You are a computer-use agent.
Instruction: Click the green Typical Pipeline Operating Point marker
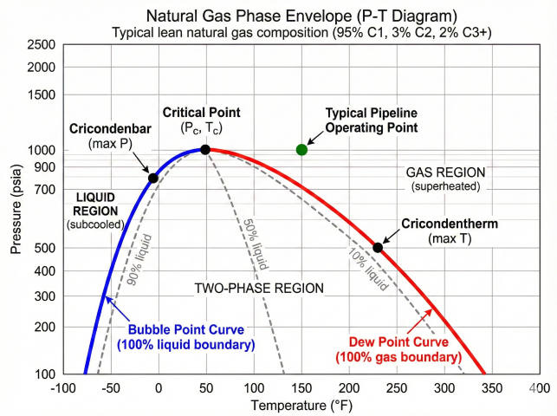pyautogui.click(x=301, y=150)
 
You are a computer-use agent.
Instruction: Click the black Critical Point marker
pyautogui.click(x=205, y=150)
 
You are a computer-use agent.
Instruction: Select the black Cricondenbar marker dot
pyautogui.click(x=152, y=179)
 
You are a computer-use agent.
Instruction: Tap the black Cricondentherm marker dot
pyautogui.click(x=378, y=248)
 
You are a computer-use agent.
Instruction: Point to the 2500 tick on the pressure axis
pyautogui.click(x=42, y=45)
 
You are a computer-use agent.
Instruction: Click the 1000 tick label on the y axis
pyautogui.click(x=42, y=150)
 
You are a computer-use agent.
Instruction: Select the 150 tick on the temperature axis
pyautogui.click(x=301, y=387)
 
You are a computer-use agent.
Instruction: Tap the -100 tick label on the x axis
pyautogui.click(x=63, y=387)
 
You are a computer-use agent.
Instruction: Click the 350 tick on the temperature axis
pyautogui.click(x=490, y=387)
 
